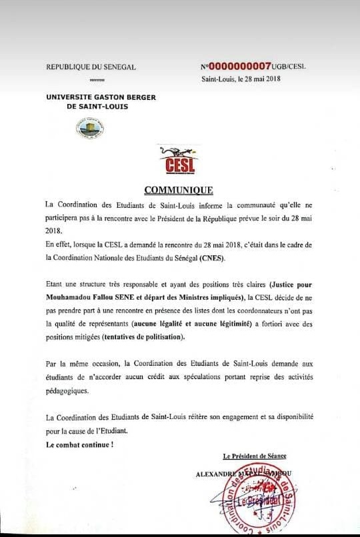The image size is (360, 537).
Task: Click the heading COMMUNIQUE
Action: (178, 190)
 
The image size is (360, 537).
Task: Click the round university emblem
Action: (90, 126)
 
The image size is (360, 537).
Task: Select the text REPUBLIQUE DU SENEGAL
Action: (91, 67)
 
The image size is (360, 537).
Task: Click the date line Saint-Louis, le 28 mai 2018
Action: (241, 79)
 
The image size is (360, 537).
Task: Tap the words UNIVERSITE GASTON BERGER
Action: (101, 97)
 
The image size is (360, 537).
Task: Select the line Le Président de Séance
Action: (255, 456)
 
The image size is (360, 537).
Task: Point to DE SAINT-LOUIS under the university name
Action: (92, 106)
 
